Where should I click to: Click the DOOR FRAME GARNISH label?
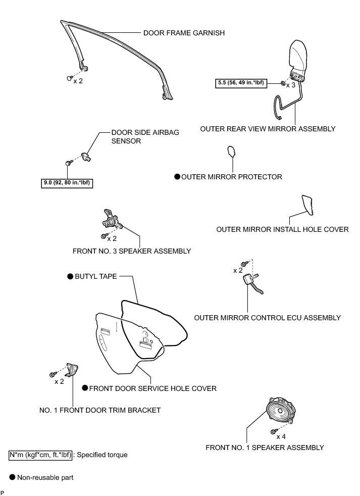(x=184, y=33)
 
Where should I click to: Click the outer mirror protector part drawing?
(x=231, y=152)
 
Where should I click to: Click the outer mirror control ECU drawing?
(x=251, y=282)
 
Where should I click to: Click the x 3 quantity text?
(x=290, y=85)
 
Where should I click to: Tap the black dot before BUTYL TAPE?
(x=70, y=277)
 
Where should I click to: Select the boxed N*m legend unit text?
(x=41, y=455)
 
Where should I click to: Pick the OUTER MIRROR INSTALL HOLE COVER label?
(x=282, y=229)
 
